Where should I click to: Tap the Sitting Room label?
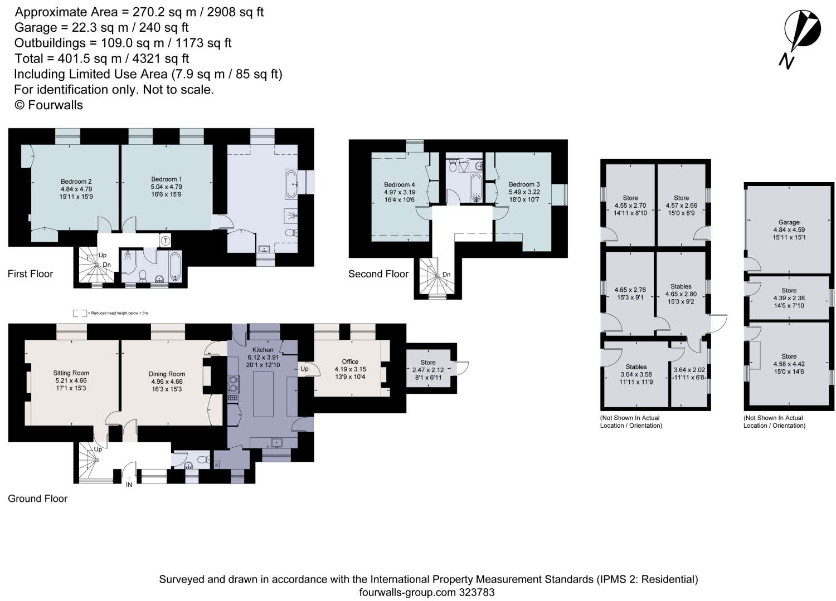71,373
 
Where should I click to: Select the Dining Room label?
167,374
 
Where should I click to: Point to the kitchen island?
263,394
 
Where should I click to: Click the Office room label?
350,361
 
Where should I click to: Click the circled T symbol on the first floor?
166,241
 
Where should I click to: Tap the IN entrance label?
129,485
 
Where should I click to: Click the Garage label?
789,222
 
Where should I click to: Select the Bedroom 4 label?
400,185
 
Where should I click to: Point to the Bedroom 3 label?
524,184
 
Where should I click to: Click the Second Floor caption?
378,274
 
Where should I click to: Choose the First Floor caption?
30,274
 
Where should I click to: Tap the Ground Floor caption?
37,499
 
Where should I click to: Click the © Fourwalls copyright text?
48,105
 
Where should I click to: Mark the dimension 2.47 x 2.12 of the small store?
427,370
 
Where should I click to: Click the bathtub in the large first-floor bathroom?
291,184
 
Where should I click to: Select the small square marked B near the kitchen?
216,465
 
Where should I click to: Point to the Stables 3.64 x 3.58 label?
636,374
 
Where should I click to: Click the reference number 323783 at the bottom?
477,592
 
